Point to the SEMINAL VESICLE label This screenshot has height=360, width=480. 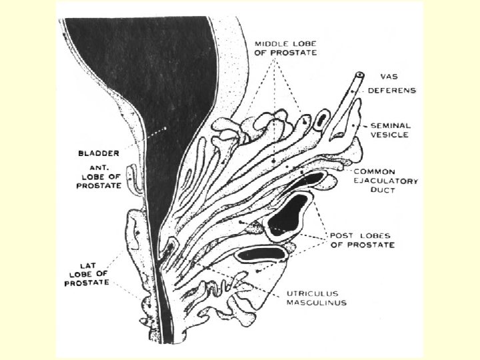(x=391, y=129)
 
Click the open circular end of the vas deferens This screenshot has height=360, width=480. (x=360, y=75)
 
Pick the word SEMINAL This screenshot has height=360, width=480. (x=391, y=125)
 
